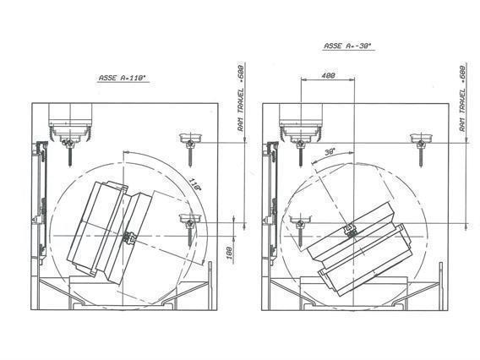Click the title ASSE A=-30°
pos(348,46)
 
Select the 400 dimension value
pos(329,76)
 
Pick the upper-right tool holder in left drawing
pos(190,139)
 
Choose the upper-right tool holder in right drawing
pos(420,139)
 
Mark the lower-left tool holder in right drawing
pos(298,224)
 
